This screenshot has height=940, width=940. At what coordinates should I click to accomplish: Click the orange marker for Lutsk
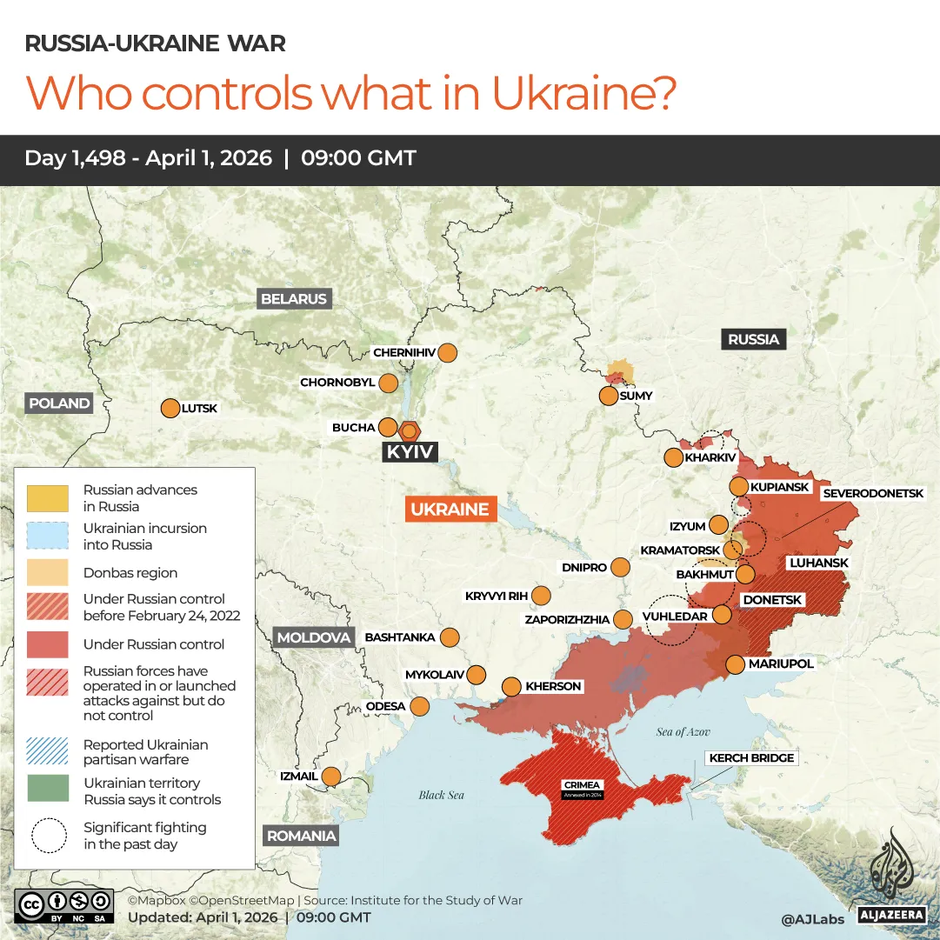170,408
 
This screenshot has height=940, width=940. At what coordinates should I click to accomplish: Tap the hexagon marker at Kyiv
410,430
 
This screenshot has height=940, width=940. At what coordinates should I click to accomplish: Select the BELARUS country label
294,299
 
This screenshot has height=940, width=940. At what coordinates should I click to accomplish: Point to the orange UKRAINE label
450,510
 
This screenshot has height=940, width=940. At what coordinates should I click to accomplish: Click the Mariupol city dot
735,664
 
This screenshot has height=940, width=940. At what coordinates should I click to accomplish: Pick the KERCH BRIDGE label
751,758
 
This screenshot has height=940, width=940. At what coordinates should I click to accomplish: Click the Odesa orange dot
420,706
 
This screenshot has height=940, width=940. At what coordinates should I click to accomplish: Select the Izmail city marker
331,776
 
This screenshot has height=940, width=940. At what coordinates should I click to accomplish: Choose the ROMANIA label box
301,837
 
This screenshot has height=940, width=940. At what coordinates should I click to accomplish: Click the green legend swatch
48,789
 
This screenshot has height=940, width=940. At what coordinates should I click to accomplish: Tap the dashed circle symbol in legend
49,836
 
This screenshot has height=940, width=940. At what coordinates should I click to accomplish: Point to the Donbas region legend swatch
48,572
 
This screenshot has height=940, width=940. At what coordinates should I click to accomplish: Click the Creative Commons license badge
63,905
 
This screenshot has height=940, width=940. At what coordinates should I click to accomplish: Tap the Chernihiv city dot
447,353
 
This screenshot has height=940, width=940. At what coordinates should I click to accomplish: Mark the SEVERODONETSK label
873,493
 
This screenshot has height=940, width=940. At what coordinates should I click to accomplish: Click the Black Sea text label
441,795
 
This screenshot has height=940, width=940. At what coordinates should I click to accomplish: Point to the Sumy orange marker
609,396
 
